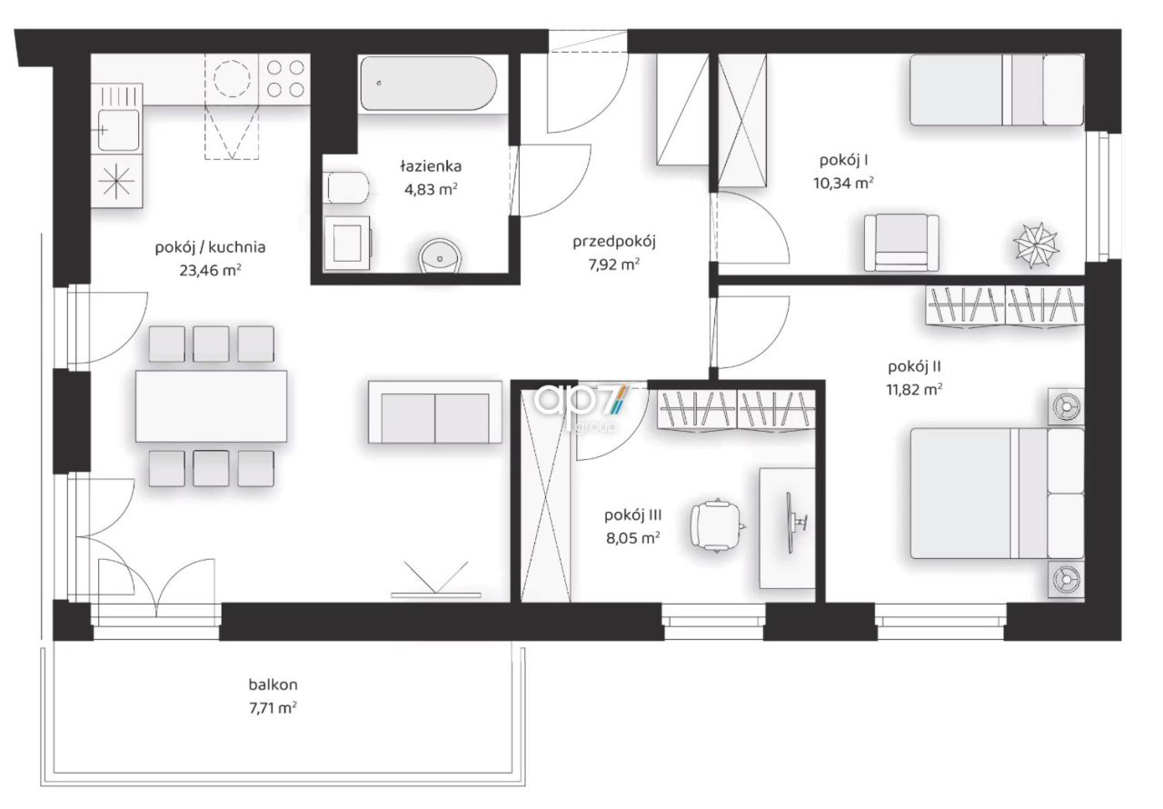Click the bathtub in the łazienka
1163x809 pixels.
click(429, 84)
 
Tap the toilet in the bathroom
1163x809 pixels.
click(347, 187)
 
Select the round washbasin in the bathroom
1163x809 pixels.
click(441, 256)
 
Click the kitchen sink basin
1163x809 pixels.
click(118, 130)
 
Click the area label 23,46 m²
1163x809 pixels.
click(210, 271)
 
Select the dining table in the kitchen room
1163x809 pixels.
click(212, 406)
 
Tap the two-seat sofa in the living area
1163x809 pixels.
click(435, 413)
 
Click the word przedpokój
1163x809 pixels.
click(614, 242)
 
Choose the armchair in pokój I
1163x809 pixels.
click(901, 243)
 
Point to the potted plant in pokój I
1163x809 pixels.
click(1037, 245)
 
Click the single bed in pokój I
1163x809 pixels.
click(997, 90)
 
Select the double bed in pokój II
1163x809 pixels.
click(998, 494)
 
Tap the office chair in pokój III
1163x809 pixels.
click(718, 525)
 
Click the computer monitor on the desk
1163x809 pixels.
click(793, 523)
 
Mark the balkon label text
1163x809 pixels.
click(273, 684)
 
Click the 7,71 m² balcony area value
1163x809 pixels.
click(273, 708)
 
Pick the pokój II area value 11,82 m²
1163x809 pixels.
click(914, 389)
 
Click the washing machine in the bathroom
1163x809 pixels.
click(347, 243)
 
